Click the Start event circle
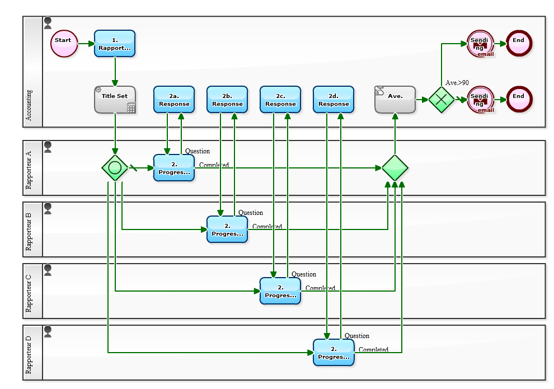pos(64,44)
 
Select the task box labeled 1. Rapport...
pos(115,44)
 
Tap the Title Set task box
pos(115,100)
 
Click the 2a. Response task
pos(174,100)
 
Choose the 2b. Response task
pos(227,100)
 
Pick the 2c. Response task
pos(280,100)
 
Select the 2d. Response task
pos(334,100)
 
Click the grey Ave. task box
pos(395,100)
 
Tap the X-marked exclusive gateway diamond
pos(442,100)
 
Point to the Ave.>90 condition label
pos(457,83)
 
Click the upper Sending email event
pos(480,44)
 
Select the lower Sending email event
pos(480,100)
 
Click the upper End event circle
pos(519,44)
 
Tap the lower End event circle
pos(519,100)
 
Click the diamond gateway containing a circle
pos(115,168)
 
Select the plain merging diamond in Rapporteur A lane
pos(395,168)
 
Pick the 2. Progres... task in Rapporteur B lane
pos(227,229)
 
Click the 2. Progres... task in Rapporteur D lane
pos(334,353)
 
